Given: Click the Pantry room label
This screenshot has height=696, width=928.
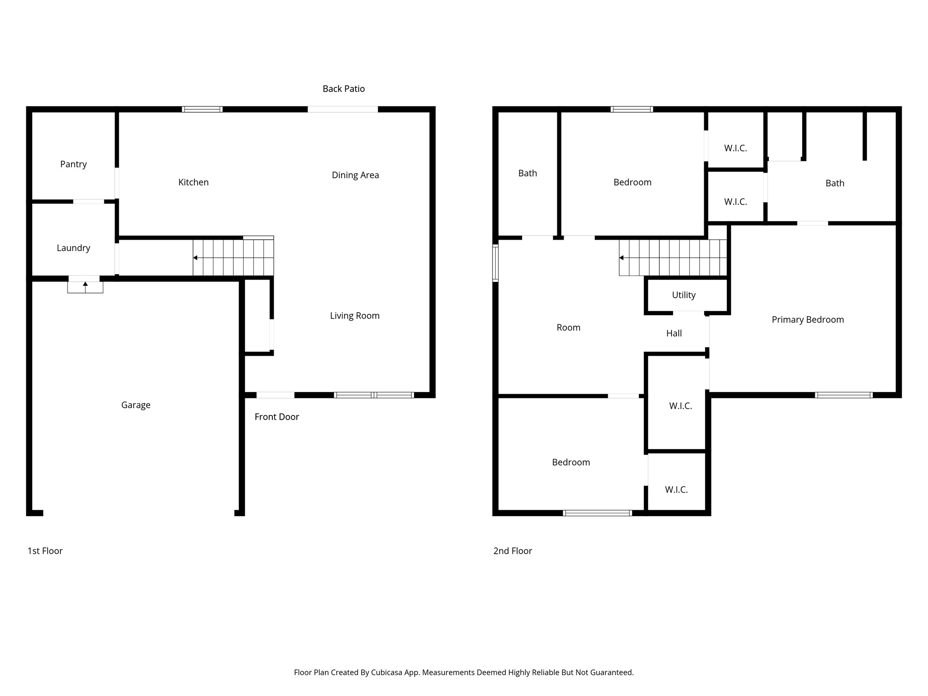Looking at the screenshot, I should point(73,164).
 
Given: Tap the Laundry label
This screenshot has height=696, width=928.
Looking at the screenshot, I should point(73,248).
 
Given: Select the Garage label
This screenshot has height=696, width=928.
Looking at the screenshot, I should point(135,405).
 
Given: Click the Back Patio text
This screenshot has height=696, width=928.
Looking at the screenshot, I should point(343,89).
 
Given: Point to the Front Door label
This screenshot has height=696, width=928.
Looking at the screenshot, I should point(276,417).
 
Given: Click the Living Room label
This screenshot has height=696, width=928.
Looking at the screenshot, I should point(354,316).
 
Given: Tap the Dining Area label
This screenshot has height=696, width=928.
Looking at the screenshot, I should point(355,175).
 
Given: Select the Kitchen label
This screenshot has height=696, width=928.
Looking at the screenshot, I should point(193,182).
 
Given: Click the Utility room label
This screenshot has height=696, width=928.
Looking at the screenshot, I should point(683,295).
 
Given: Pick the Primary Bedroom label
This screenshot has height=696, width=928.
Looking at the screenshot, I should point(807,319).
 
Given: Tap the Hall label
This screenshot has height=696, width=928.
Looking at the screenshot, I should point(674,333).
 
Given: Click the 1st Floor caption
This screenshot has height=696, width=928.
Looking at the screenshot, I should point(45,551).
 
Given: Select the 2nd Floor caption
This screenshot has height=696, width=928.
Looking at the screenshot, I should point(512,551).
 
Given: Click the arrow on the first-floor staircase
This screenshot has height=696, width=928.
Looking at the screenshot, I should point(195,258).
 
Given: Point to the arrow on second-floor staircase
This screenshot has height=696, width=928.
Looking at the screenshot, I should point(622,258).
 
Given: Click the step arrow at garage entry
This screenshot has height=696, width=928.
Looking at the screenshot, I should point(85,285).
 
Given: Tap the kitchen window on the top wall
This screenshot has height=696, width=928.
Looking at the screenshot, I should point(202,109).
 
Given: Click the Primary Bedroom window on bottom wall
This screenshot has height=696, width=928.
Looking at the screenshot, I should point(843,395).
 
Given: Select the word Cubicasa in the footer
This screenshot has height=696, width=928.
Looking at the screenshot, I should point(387,672).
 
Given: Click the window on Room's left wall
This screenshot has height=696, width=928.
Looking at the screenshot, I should point(495,263).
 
